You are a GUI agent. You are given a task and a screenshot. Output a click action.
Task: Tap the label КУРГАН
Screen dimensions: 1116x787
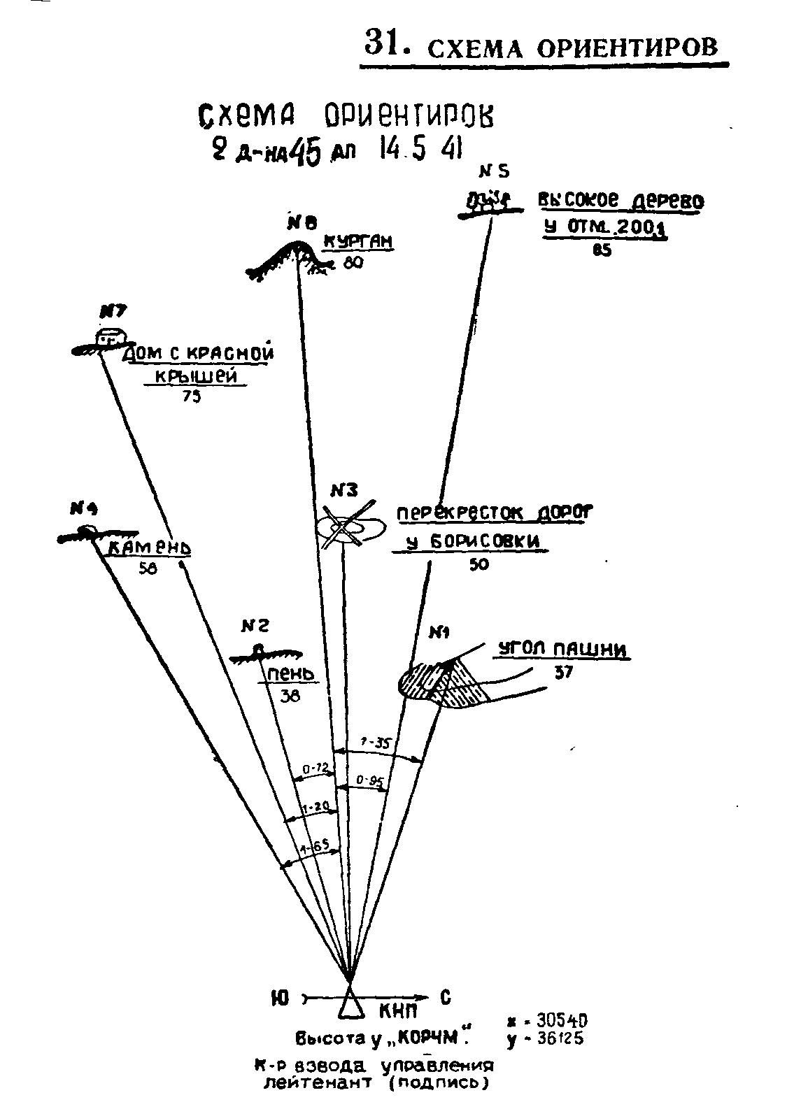point(357,242)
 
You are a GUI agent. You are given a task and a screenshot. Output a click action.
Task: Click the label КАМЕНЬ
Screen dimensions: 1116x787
point(149,548)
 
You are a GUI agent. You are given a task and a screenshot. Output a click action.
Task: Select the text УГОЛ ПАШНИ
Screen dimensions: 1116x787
point(562,650)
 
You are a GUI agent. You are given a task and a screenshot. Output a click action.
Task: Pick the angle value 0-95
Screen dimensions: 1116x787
point(369,781)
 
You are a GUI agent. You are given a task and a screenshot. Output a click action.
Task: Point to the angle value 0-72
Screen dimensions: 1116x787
point(315,769)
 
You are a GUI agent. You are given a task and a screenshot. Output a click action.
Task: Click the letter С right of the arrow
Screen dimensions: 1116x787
point(445,998)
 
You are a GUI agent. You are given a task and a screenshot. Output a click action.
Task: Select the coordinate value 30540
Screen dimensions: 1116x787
point(556,1022)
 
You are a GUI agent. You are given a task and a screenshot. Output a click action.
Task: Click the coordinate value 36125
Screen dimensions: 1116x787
point(556,1039)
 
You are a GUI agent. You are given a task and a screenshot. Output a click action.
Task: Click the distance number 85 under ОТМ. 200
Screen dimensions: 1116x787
point(601,252)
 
